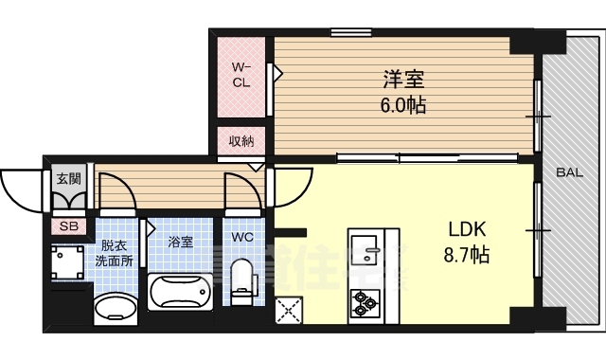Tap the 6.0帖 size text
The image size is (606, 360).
click(x=404, y=105)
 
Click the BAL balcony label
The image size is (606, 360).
click(x=569, y=172)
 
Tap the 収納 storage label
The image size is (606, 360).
click(x=241, y=141)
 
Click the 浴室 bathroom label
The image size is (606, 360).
click(x=181, y=242)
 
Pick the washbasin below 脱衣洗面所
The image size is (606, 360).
click(x=115, y=308)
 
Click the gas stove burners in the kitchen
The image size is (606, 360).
click(x=365, y=303)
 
